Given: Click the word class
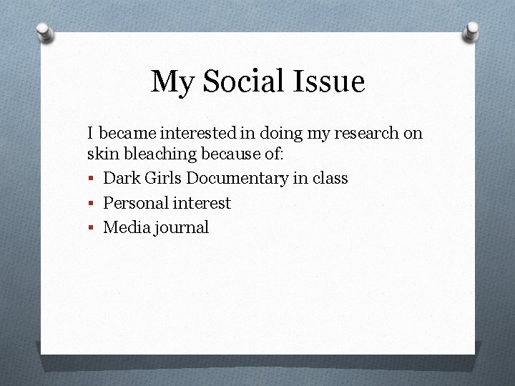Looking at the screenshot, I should [x=329, y=179].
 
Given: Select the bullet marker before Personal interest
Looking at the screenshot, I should [x=91, y=204].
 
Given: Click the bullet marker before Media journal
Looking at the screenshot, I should [x=91, y=229].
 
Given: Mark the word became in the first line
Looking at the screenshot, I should [x=129, y=133].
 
